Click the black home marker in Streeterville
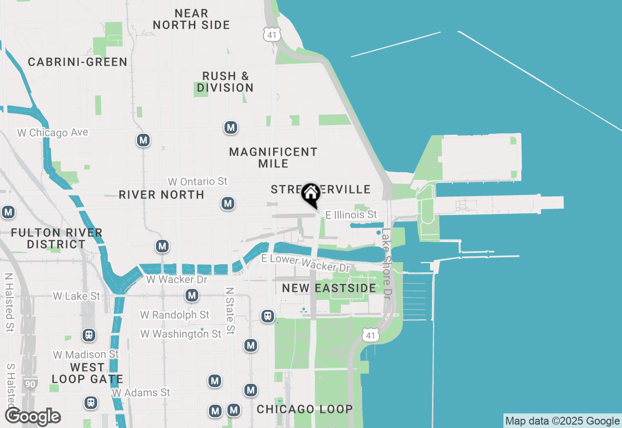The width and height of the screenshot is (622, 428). [x=311, y=194]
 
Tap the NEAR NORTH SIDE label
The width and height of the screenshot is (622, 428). [x=191, y=19]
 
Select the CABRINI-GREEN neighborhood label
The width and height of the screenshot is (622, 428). [x=78, y=62]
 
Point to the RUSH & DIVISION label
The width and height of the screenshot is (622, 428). [x=225, y=82]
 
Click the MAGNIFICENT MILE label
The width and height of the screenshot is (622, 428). [x=273, y=158]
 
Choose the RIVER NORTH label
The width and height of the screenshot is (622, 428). [x=162, y=195]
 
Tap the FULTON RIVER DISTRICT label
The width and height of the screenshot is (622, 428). [x=56, y=238]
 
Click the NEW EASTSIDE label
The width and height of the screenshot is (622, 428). [x=329, y=288]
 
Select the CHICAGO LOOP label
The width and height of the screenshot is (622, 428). [x=305, y=410]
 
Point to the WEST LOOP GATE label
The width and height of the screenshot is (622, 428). [x=87, y=373]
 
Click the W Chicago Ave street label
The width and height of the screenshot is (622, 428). [x=53, y=132]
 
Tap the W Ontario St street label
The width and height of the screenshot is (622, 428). [x=198, y=181]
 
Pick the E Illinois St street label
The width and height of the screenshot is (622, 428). [x=351, y=214]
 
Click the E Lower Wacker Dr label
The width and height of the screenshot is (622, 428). [x=306, y=263]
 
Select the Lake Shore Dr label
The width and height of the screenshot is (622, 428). [x=386, y=264]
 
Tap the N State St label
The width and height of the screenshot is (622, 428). [x=230, y=310]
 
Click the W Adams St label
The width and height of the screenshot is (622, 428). [x=141, y=392]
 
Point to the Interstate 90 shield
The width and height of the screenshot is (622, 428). [x=30, y=384]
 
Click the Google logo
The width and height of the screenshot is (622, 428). [x=33, y=416]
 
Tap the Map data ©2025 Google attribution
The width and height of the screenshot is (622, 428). [x=562, y=421]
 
